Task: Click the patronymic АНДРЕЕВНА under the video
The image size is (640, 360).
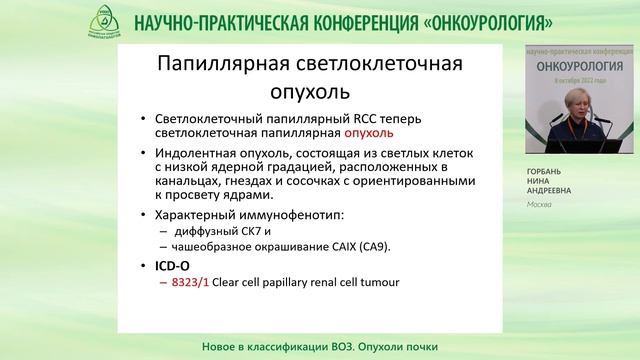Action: tap(551, 191)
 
